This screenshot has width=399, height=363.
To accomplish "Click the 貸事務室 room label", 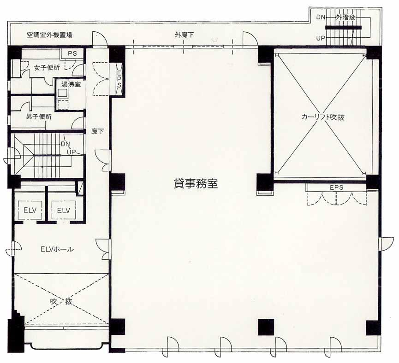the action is [196, 183].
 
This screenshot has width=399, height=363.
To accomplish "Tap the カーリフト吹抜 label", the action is [323, 117].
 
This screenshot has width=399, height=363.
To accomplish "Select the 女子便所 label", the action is [47, 68].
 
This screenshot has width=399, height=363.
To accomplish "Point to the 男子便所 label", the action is [39, 117].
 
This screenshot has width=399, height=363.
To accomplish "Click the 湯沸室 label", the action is [71, 84].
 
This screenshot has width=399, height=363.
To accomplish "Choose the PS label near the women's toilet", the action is [72, 53].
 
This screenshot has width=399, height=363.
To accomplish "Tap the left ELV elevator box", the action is [30, 210].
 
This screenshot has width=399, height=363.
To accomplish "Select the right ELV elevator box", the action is [64, 210].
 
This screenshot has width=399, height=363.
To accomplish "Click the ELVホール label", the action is [57, 249].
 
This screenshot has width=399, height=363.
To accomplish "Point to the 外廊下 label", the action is [184, 35].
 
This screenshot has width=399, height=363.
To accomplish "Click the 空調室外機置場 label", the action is [49, 35].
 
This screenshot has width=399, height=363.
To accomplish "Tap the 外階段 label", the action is [345, 18].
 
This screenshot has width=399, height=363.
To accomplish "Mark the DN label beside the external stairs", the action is [321, 18].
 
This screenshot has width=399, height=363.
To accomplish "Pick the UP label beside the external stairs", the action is [321, 38].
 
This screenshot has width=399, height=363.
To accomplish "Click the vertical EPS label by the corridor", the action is [119, 79].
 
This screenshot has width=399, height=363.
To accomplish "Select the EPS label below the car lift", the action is [336, 187].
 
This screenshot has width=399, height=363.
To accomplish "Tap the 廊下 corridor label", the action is [97, 131].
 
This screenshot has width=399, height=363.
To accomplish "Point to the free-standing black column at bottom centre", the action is [266, 327].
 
